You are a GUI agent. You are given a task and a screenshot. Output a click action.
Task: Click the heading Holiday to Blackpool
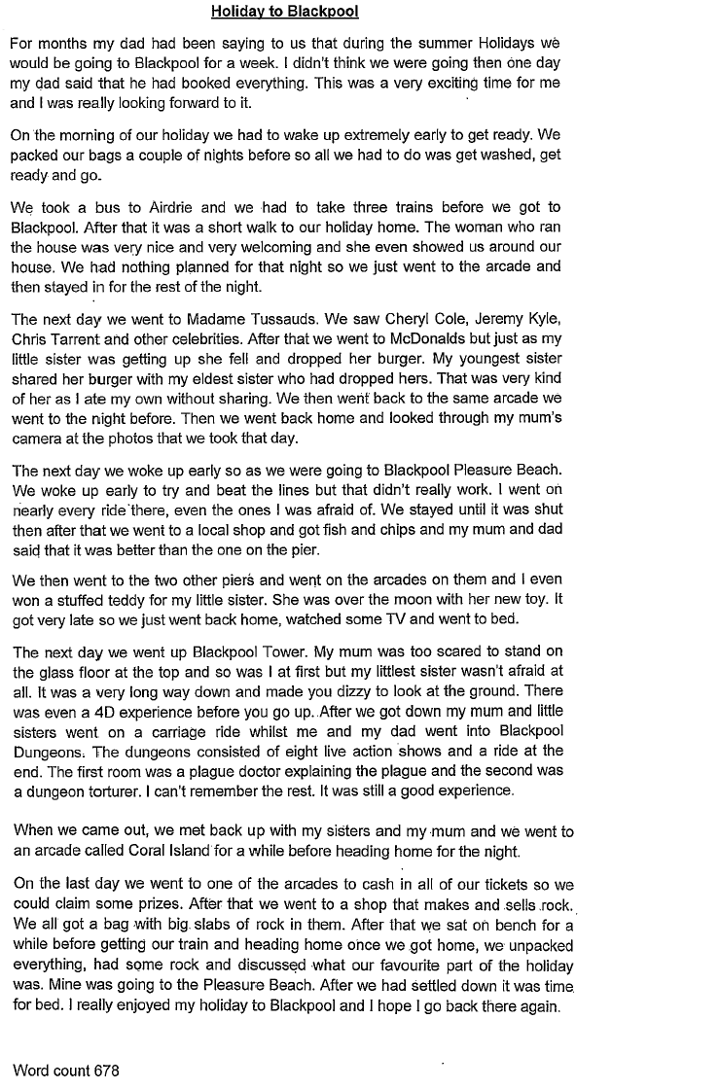coord(284,13)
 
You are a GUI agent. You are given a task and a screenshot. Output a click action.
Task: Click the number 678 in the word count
coord(106,1071)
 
